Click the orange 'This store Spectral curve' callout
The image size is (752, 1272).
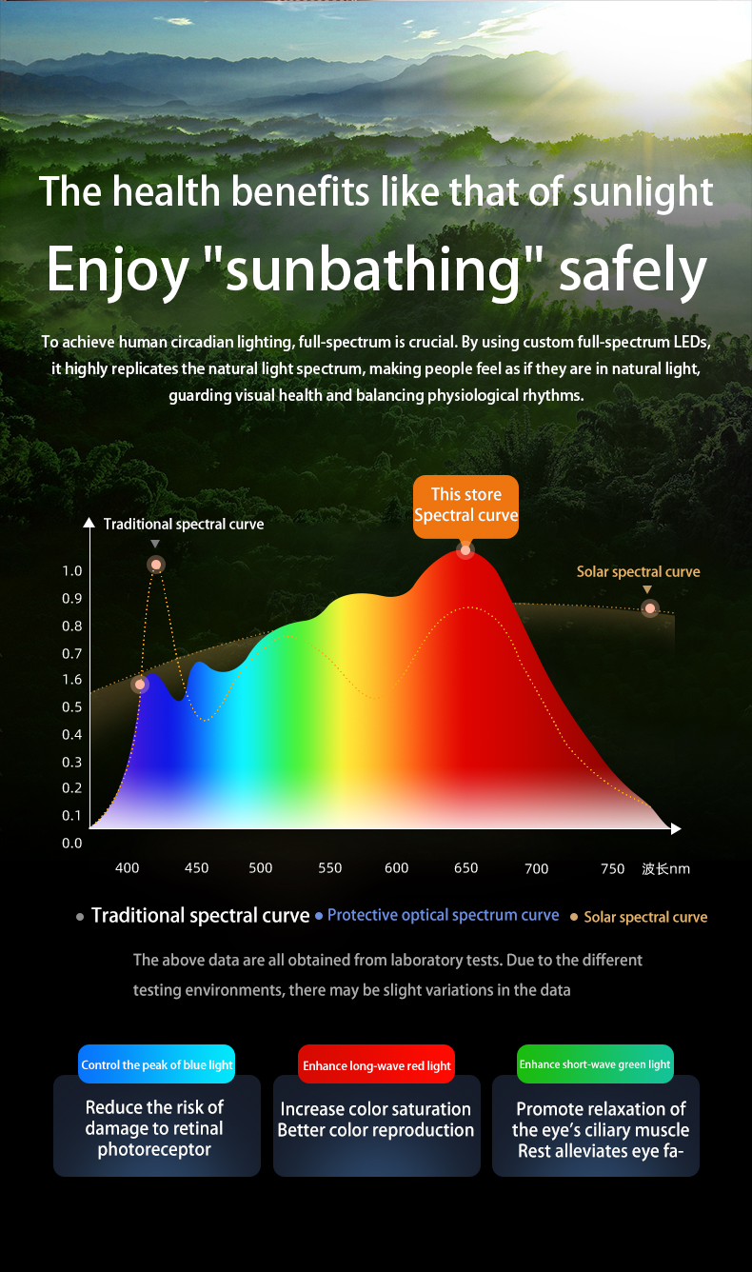point(465,506)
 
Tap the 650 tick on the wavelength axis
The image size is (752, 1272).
point(465,868)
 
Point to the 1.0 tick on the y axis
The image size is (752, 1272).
point(72,571)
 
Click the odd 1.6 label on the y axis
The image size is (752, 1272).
point(72,680)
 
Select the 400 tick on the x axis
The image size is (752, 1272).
point(127,868)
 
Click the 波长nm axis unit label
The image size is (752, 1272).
point(665,868)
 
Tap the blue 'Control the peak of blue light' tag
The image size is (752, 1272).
point(157,1064)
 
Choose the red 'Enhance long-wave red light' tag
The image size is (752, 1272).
point(377,1065)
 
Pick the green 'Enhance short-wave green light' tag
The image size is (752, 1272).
point(595,1064)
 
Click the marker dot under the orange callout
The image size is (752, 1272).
point(465,550)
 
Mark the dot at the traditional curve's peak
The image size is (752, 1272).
point(156,565)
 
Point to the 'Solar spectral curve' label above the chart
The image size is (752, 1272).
point(638,572)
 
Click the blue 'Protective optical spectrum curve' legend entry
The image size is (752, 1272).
point(443,915)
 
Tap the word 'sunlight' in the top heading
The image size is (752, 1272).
point(643,191)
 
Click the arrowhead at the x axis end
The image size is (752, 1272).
point(676,829)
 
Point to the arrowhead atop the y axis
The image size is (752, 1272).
point(89,523)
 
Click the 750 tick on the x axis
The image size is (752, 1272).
point(612,868)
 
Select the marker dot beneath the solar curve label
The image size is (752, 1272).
point(650,608)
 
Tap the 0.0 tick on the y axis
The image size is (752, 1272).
point(72,843)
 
